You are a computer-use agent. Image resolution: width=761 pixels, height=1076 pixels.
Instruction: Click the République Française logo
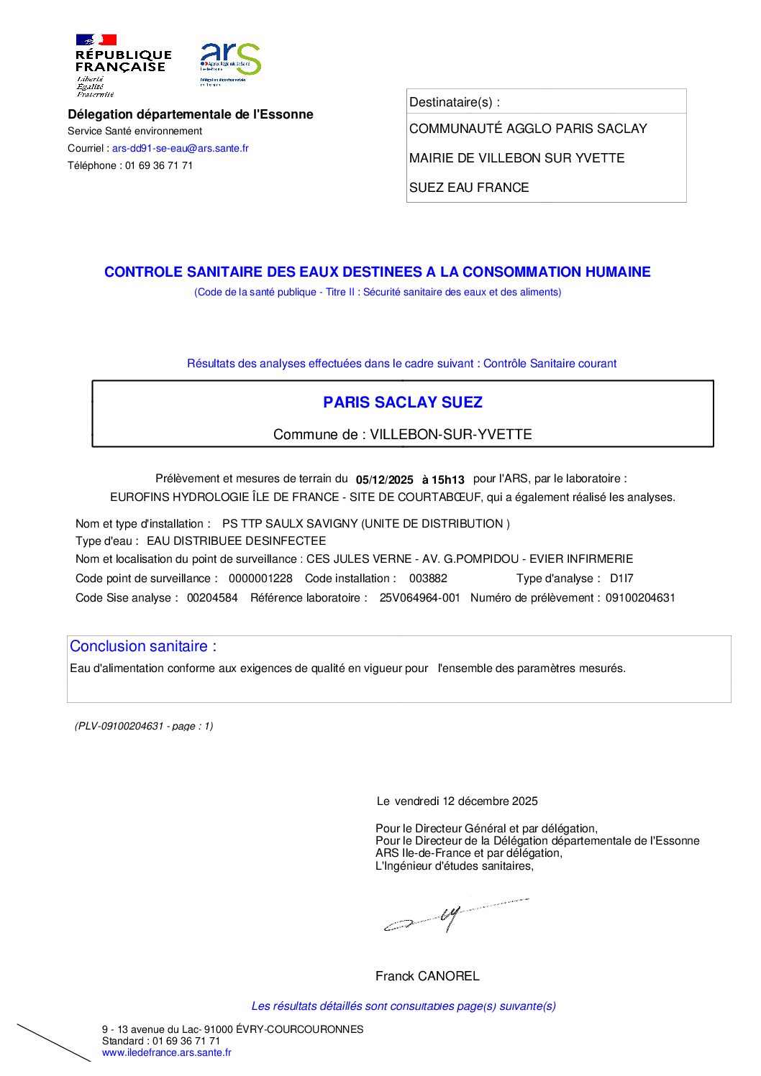[122, 65]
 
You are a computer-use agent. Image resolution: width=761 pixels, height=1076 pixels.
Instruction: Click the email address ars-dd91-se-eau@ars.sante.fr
[181, 148]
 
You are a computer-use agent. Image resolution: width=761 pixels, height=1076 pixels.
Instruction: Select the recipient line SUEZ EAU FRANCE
[469, 188]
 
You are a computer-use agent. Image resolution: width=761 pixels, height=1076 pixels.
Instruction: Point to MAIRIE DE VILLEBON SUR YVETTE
[516, 158]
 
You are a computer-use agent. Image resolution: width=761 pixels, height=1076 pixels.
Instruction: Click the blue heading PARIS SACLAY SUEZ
[403, 403]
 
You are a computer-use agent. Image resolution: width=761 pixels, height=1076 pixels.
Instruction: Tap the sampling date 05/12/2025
[385, 479]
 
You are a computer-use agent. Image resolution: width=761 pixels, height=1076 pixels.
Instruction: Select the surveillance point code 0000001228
[260, 579]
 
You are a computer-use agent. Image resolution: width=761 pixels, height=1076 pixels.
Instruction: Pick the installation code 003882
[428, 579]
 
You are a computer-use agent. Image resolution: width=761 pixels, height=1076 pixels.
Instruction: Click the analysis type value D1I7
[621, 579]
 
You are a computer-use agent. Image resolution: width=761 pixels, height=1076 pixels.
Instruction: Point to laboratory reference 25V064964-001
[419, 598]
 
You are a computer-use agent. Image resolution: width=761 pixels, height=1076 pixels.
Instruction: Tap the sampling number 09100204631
[640, 598]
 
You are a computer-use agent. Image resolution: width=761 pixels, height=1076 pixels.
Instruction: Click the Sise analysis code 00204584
[212, 598]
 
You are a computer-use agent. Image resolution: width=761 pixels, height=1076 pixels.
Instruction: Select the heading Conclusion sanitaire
[143, 646]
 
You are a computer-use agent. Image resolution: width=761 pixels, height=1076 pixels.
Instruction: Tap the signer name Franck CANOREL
[427, 976]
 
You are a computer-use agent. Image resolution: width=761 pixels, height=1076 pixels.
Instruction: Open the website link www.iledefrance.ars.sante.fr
[167, 1053]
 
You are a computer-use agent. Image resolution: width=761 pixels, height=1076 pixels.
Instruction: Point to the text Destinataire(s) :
[455, 102]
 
